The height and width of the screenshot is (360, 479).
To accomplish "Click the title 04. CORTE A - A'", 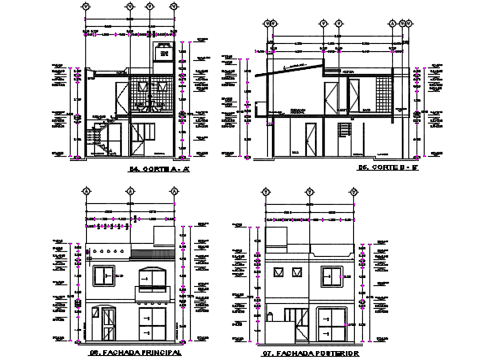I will click(x=159, y=170).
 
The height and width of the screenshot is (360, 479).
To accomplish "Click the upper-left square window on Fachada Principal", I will click(x=104, y=276).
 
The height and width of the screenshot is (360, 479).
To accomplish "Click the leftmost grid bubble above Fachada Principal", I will click(x=86, y=192).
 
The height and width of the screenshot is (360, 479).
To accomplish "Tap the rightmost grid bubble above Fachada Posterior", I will click(x=354, y=192).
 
